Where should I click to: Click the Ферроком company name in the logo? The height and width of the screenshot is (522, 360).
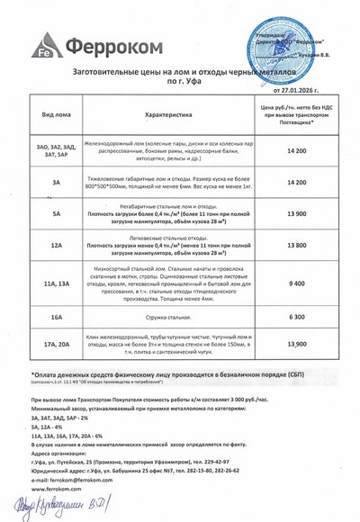coord(109,44)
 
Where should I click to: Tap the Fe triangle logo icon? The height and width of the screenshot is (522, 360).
coord(43,46)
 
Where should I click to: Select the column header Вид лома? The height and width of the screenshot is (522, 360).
coord(56,115)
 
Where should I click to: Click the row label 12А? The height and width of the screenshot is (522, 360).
coord(56,244)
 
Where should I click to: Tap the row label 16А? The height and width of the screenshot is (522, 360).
coord(56,318)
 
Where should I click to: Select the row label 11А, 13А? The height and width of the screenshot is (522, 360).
coord(56,283)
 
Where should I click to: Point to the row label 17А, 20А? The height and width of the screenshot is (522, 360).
coord(56,344)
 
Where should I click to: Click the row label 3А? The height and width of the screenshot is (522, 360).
coord(56,182)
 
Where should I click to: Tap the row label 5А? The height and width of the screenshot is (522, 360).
coord(56,213)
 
